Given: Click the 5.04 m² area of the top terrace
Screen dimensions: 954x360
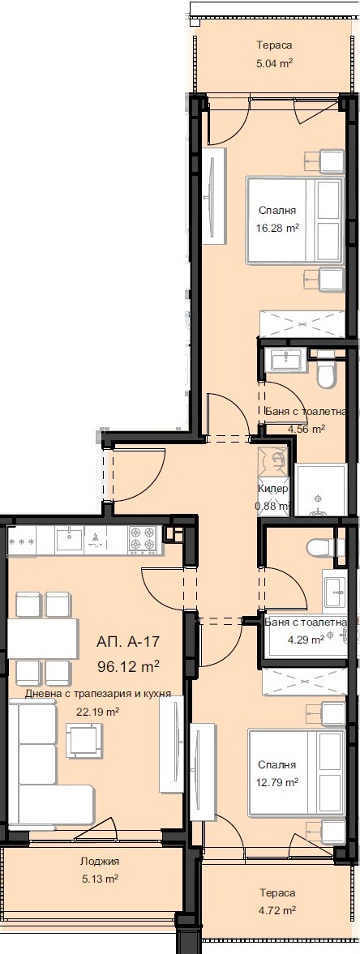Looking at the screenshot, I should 274,60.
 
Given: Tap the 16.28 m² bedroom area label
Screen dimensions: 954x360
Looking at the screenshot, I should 275,229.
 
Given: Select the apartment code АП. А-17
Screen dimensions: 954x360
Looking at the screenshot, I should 128,641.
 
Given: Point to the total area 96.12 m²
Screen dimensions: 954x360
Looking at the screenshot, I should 127,667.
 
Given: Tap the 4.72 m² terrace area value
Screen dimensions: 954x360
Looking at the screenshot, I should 276,910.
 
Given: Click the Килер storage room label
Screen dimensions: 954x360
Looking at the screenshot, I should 272,490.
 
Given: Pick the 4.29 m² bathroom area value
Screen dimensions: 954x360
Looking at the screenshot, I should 306,639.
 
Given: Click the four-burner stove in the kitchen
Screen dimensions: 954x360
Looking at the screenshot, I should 144,537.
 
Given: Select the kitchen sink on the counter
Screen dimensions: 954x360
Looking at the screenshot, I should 69,537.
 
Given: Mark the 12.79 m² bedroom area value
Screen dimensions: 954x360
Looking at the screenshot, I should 278,782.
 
